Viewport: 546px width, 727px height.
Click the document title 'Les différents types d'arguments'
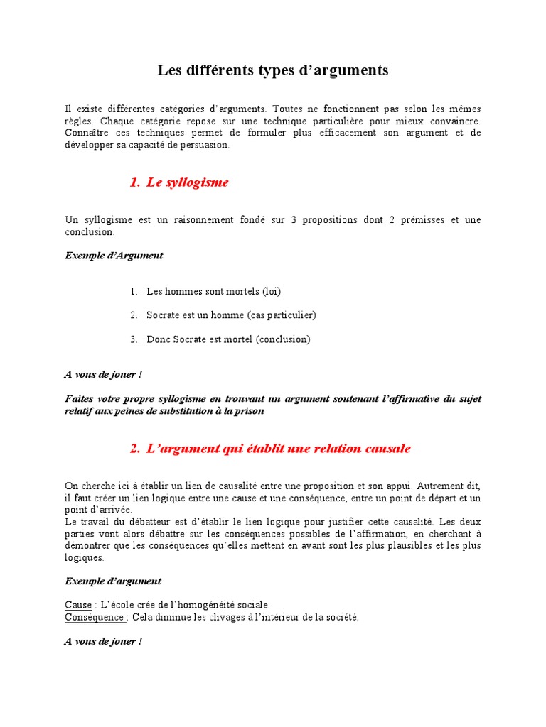pos(273,70)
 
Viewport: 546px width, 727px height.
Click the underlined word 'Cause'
pos(78,605)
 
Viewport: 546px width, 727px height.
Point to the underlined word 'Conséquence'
pos(95,617)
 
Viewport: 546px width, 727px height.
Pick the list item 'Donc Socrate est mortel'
pos(228,339)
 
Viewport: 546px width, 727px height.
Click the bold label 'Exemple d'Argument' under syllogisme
pos(114,256)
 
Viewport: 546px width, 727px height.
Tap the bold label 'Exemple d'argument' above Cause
pos(113,581)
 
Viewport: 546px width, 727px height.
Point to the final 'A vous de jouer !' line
pos(103,641)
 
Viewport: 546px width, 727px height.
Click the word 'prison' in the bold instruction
pos(250,411)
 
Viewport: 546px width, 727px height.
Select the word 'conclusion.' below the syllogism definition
pos(89,231)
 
